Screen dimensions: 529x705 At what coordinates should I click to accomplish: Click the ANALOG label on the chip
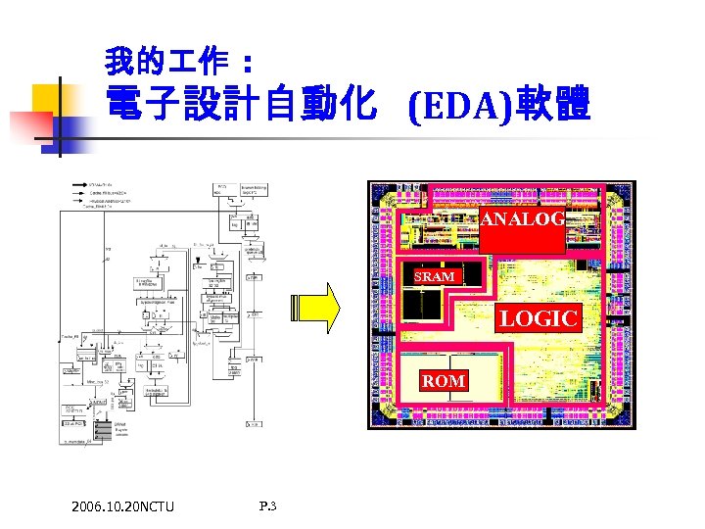point(522,219)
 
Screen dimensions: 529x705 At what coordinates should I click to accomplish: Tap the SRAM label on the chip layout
point(434,276)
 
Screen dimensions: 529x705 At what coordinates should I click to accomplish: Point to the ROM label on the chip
point(444,380)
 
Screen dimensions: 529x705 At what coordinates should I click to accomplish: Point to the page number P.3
point(268,505)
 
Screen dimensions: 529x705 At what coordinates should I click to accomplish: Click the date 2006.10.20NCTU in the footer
point(122,506)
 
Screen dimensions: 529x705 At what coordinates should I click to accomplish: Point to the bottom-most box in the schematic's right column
point(253,423)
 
